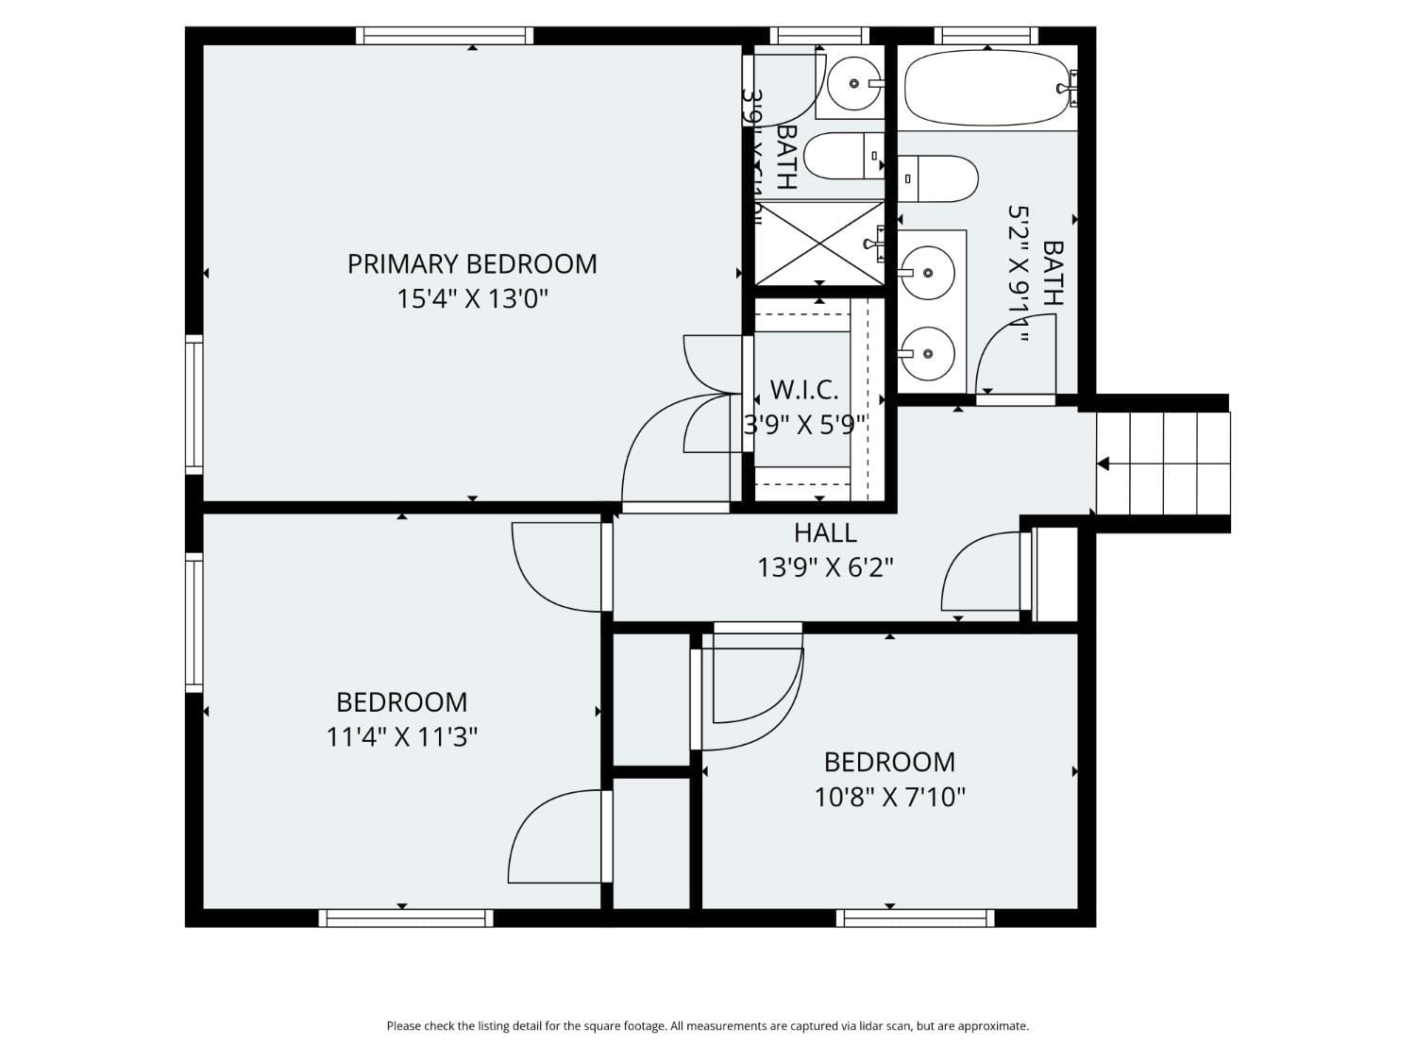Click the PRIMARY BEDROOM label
tap(472, 263)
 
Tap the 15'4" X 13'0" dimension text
tap(472, 299)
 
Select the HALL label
tap(825, 533)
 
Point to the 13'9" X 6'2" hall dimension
tap(825, 567)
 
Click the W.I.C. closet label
tap(804, 389)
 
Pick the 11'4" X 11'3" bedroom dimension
tap(401, 736)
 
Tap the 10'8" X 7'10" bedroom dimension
tap(889, 797)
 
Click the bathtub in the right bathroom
tap(986, 88)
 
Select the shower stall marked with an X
tap(818, 243)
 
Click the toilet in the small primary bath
tap(842, 156)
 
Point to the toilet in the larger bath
tap(939, 178)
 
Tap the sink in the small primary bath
tap(853, 84)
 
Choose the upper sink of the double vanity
tap(926, 273)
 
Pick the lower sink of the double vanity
tap(926, 354)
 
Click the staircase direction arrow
tap(1103, 464)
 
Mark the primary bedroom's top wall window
tap(445, 36)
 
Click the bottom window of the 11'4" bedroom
tap(406, 918)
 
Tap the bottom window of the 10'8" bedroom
tap(915, 918)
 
